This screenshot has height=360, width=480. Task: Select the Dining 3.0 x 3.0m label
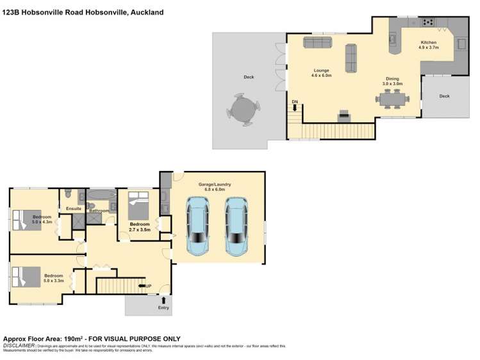coord(392,81)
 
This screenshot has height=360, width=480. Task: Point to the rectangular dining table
coord(392,98)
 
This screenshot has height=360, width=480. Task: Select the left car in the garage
coord(197,225)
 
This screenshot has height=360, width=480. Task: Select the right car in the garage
coord(236,225)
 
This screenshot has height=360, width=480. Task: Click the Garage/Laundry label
coord(217,186)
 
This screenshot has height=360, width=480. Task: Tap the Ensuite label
coord(74,208)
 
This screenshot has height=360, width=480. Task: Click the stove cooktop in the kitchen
coord(427,22)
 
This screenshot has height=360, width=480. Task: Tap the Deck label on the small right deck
coord(444,96)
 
